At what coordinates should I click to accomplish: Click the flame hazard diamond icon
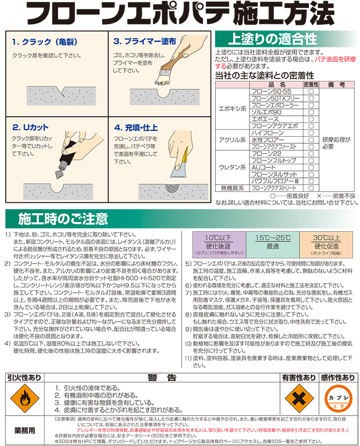click(24, 398)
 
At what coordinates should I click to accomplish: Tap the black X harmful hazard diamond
click(299, 398)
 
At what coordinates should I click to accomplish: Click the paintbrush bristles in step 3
click(163, 79)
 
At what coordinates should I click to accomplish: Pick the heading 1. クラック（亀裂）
click(44, 42)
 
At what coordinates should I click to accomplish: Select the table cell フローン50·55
click(271, 91)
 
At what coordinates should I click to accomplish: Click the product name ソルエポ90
click(266, 112)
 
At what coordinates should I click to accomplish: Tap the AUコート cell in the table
click(263, 167)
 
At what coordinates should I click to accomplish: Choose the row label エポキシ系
click(232, 109)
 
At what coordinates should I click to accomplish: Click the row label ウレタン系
click(232, 167)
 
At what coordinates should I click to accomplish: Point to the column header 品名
click(276, 84)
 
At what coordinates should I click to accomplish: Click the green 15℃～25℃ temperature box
click(273, 245)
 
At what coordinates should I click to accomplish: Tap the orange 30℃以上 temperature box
click(326, 245)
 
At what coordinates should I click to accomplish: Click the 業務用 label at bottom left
click(24, 431)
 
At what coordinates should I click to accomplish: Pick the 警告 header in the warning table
click(162, 378)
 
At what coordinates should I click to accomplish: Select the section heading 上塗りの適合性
click(272, 39)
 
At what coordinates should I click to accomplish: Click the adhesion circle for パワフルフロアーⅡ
click(311, 181)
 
